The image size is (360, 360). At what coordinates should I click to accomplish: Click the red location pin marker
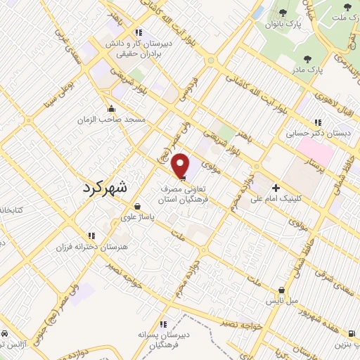pyautogui.click(x=181, y=165)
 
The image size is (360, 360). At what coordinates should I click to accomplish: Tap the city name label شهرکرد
pyautogui.click(x=111, y=187)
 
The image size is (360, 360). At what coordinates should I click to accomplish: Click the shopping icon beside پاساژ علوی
pyautogui.click(x=137, y=207)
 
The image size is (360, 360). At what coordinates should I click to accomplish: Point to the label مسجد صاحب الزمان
pyautogui.click(x=111, y=120)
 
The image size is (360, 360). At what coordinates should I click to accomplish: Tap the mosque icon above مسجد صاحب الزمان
pyautogui.click(x=111, y=109)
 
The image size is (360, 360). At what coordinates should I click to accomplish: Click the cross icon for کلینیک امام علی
pyautogui.click(x=276, y=188)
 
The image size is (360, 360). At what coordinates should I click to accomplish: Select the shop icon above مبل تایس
pyautogui.click(x=282, y=289)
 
